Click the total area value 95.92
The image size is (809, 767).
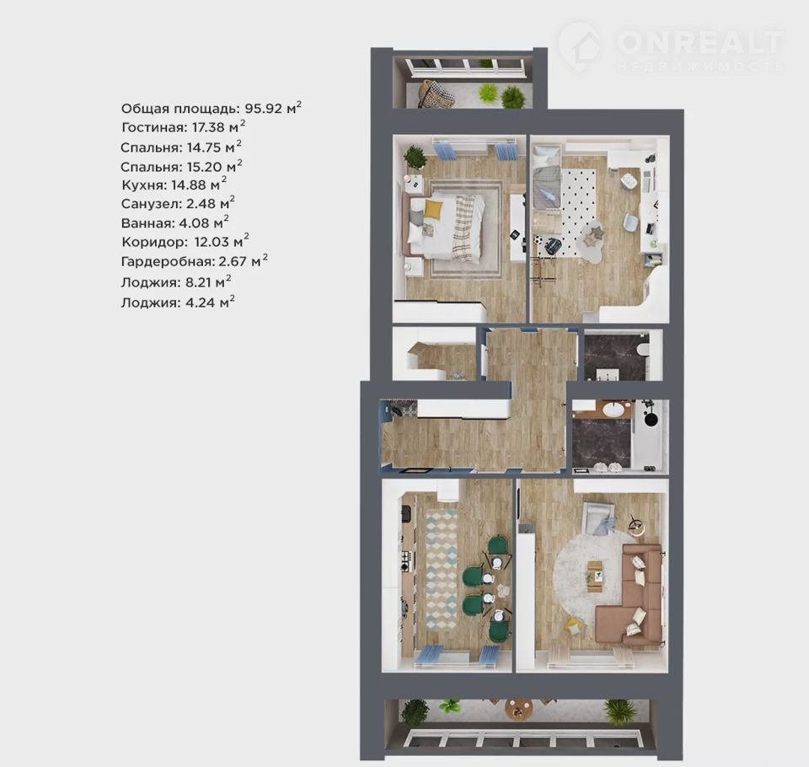pos(264,109)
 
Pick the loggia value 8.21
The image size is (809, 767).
pos(199,282)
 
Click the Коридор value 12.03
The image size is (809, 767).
pos(212,242)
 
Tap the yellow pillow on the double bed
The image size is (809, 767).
pos(433,210)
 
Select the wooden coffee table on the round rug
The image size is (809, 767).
pos(596,573)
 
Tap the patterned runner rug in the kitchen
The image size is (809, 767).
pos(442,569)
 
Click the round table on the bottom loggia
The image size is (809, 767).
pos(518,710)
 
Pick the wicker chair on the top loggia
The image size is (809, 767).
pos(437,94)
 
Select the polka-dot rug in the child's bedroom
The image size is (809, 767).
pos(578,212)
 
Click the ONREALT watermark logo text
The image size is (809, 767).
pos(699,42)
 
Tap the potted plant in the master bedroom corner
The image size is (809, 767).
pos(415,157)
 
